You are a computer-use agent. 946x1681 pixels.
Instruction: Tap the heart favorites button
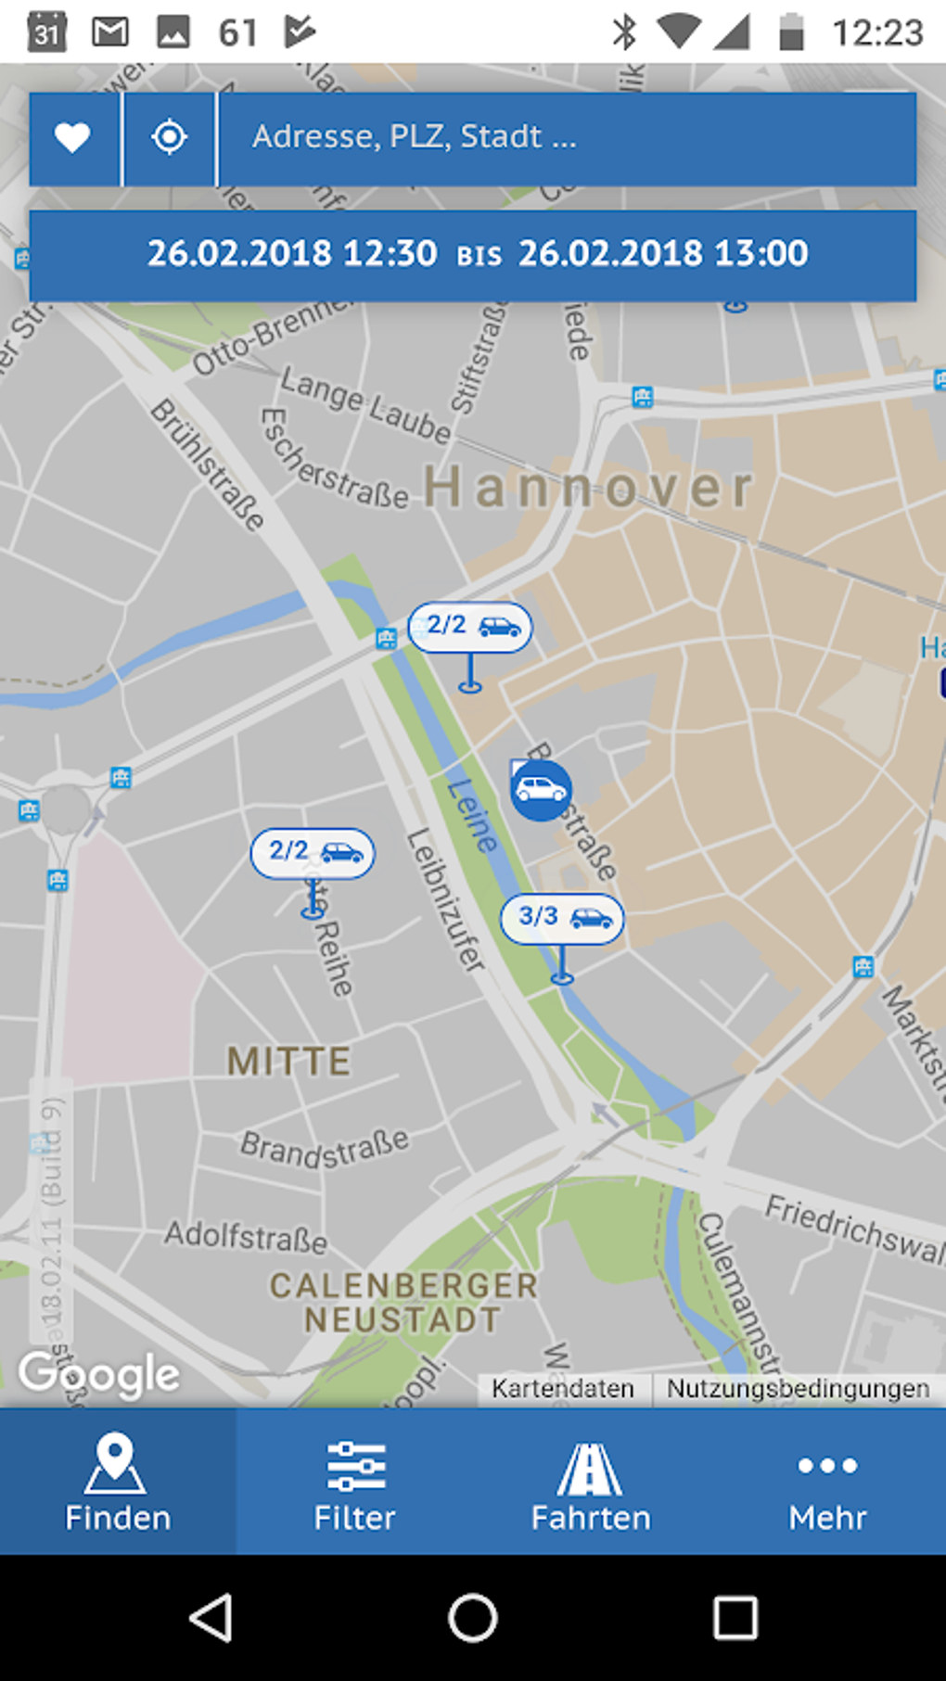click(x=72, y=138)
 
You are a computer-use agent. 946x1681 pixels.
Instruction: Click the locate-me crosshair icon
click(x=169, y=138)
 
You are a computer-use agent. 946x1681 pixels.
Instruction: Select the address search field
click(x=566, y=138)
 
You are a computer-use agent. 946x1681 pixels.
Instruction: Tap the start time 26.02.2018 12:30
click(x=292, y=253)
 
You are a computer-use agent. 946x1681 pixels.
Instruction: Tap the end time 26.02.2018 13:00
click(x=663, y=253)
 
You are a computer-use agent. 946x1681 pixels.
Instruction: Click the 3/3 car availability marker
click(x=562, y=918)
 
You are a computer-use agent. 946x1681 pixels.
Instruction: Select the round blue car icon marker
click(x=541, y=790)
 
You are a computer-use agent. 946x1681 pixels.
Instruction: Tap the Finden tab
click(x=118, y=1482)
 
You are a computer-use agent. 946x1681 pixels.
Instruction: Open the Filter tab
click(x=354, y=1482)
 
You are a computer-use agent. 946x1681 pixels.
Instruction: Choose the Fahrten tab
click(x=591, y=1482)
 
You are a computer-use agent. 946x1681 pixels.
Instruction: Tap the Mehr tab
click(x=827, y=1482)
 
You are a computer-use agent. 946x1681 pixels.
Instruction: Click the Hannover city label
click(x=589, y=488)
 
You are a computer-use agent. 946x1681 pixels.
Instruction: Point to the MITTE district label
click(x=289, y=1062)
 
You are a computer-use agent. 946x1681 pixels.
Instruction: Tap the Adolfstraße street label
click(x=246, y=1237)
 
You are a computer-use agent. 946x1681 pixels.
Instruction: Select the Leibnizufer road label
click(x=446, y=900)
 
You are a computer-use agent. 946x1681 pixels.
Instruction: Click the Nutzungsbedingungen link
click(x=798, y=1389)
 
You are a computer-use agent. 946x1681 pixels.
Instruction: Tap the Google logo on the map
click(x=99, y=1374)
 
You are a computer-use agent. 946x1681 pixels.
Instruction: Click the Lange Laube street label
click(x=366, y=405)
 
